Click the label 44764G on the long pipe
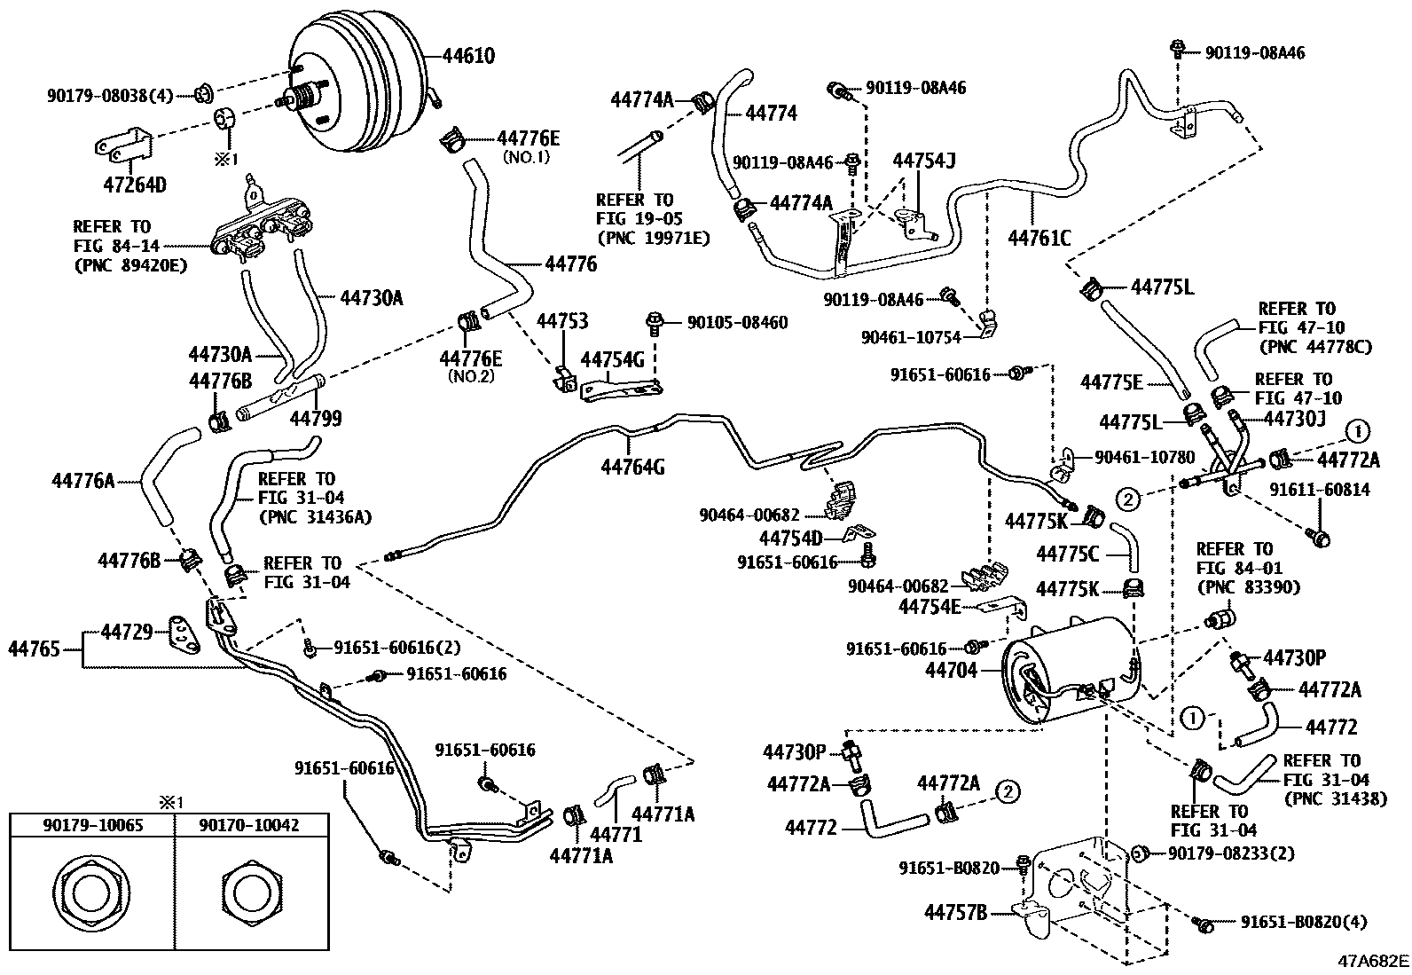point(631,466)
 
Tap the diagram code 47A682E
point(1374,961)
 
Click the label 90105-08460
point(737,323)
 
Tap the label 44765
point(35,649)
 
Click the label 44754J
point(923,161)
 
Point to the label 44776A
point(83,482)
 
